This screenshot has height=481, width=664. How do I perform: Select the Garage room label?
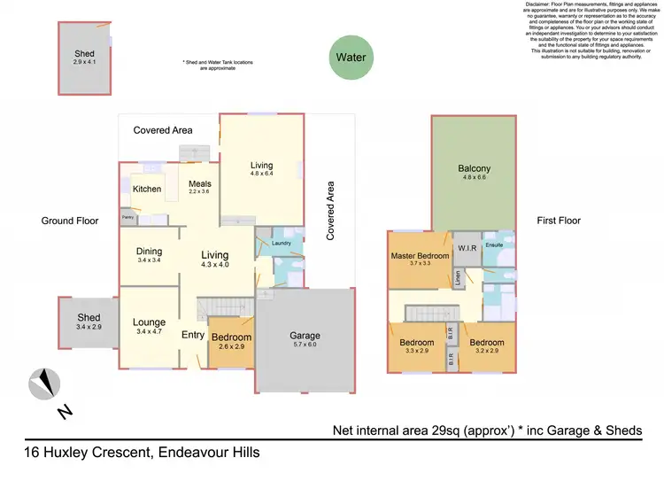[x=305, y=337]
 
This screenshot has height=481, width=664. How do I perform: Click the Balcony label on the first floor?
[x=474, y=169]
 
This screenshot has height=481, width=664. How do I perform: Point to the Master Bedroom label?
[x=420, y=257]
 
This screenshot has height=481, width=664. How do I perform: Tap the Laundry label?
[x=282, y=243]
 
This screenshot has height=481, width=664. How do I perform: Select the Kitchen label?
[x=147, y=190]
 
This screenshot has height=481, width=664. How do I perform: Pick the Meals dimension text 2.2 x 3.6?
[x=199, y=191]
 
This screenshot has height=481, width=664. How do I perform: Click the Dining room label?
[x=149, y=252]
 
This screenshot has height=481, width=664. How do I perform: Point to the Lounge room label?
[x=150, y=323]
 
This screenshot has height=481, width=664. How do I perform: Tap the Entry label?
[x=192, y=335]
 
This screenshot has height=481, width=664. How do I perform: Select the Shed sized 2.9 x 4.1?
[x=84, y=55]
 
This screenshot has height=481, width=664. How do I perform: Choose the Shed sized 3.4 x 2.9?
[x=89, y=318]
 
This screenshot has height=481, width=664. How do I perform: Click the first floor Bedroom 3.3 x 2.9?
[x=416, y=343]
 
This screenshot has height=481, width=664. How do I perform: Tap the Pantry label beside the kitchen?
[x=127, y=216]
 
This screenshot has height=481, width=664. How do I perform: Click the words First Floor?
[x=559, y=221]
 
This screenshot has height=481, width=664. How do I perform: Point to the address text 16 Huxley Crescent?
[x=89, y=453]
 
